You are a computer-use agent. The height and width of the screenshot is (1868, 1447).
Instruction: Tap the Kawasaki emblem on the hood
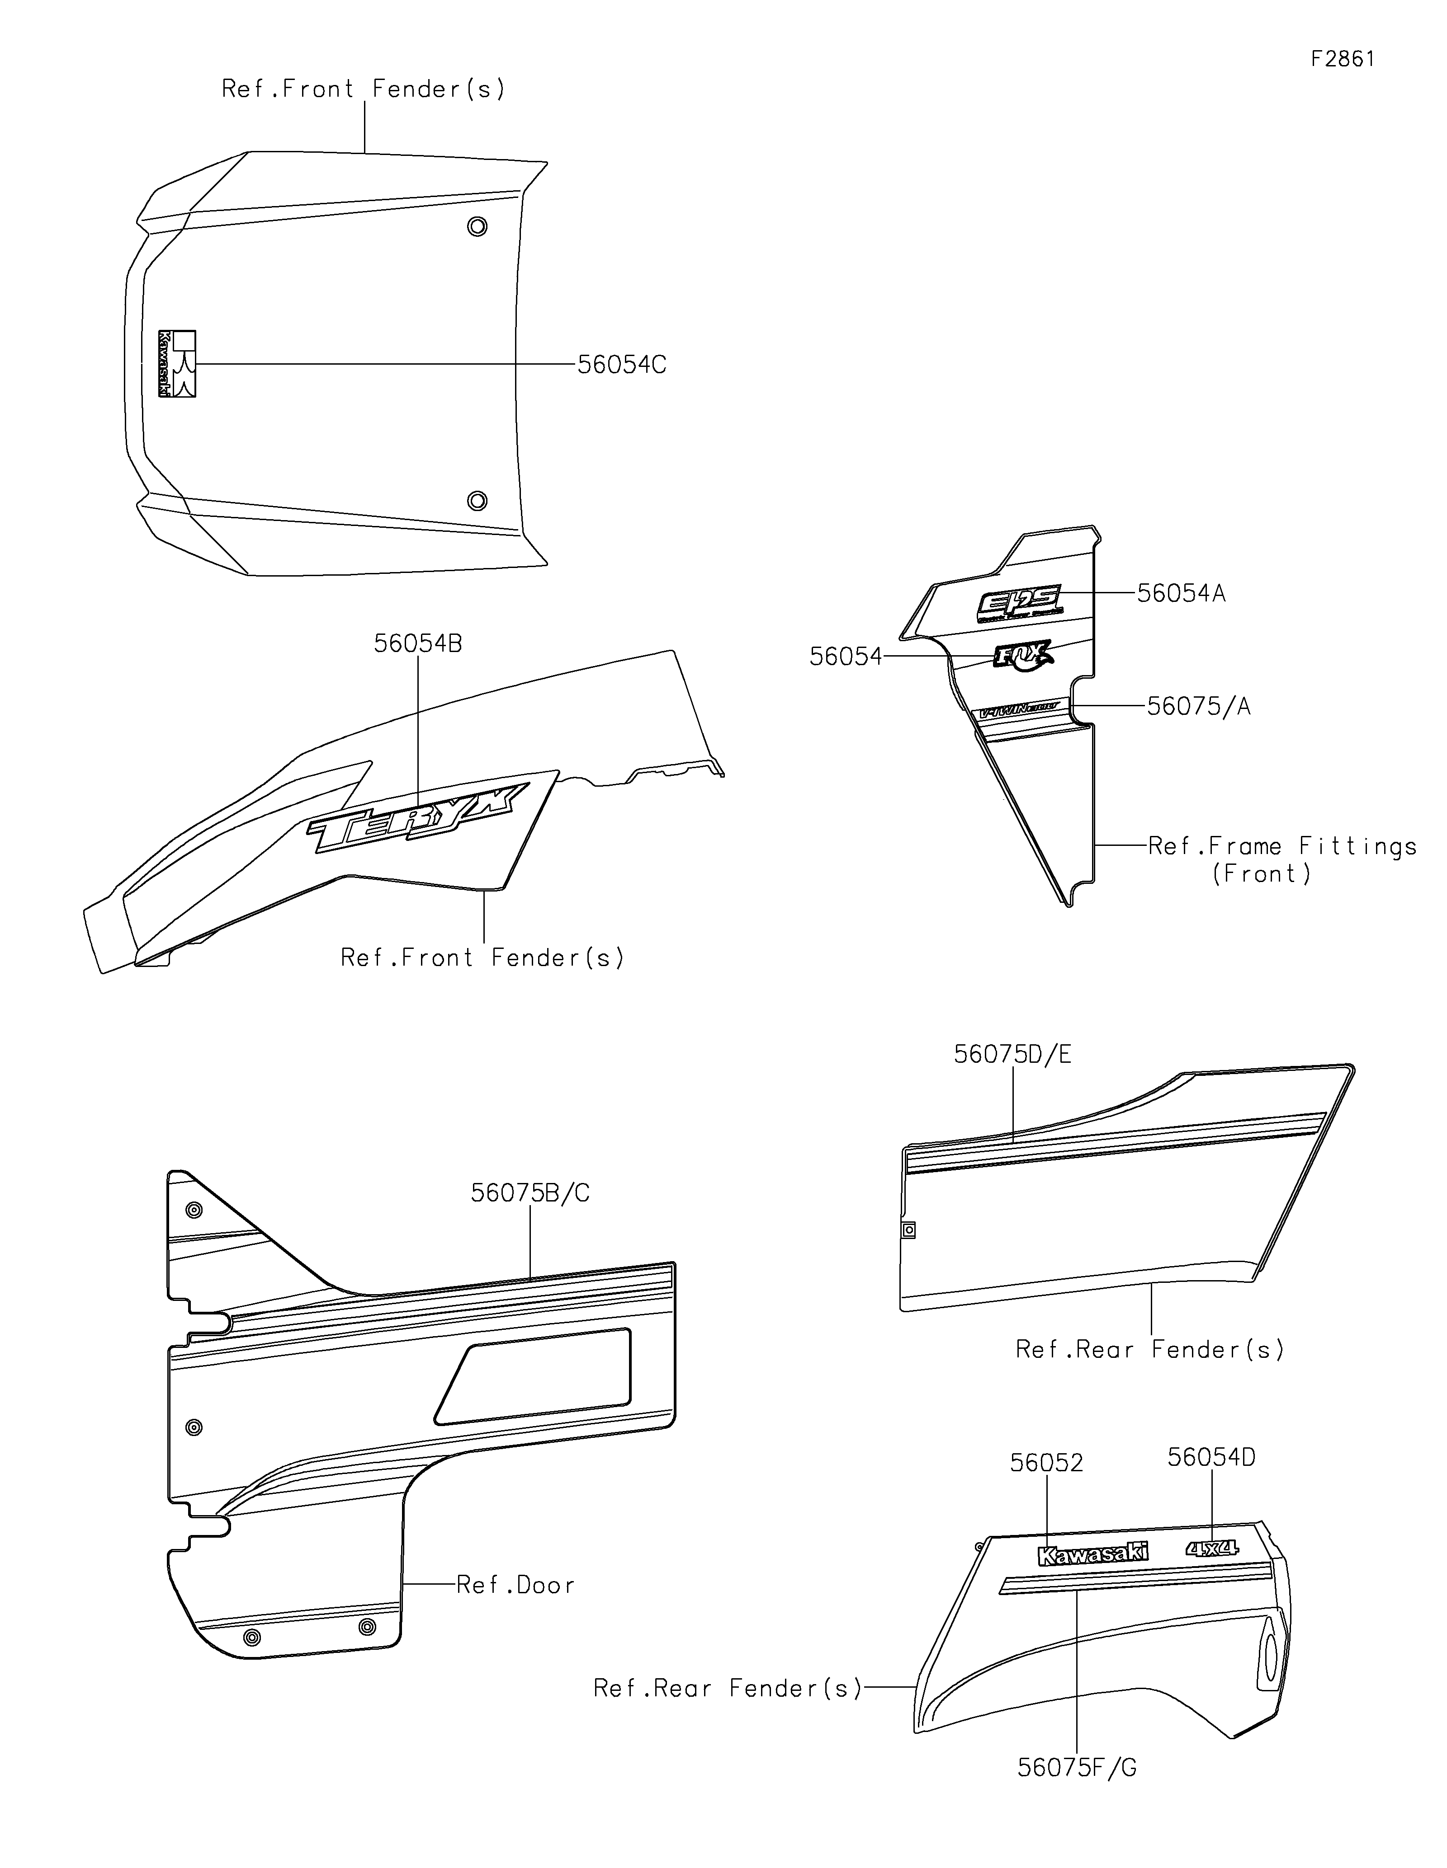pyautogui.click(x=177, y=363)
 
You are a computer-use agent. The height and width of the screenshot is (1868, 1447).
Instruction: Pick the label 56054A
pyautogui.click(x=1181, y=594)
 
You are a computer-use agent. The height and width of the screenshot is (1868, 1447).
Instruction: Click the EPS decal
pyautogui.click(x=1020, y=604)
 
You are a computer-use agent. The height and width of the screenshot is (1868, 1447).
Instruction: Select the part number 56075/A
pyautogui.click(x=1198, y=707)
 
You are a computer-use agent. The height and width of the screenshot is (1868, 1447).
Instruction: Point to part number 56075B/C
pyautogui.click(x=530, y=1193)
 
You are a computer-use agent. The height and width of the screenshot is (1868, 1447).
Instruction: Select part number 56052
pyautogui.click(x=1045, y=1464)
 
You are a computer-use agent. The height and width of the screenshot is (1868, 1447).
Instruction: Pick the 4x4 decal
pyautogui.click(x=1212, y=1548)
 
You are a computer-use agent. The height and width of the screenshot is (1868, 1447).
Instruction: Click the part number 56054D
pyautogui.click(x=1211, y=1457)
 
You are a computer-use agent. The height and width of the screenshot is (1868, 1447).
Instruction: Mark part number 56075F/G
pyautogui.click(x=1077, y=1768)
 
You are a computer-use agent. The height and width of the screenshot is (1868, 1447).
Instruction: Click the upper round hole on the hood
pyautogui.click(x=477, y=227)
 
